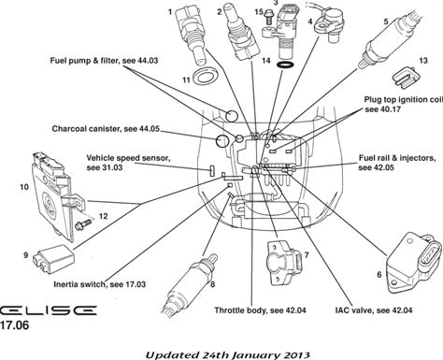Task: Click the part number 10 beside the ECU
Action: click(x=24, y=187)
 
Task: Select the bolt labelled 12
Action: click(x=83, y=224)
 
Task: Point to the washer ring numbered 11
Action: click(x=205, y=76)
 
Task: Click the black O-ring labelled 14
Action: click(x=285, y=65)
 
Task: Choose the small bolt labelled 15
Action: click(x=268, y=16)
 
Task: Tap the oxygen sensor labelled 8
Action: click(x=190, y=287)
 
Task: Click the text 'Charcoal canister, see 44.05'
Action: click(x=106, y=129)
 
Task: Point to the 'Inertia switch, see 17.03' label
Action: click(x=100, y=284)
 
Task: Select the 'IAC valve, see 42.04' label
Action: click(x=374, y=310)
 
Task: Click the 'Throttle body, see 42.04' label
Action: click(x=260, y=310)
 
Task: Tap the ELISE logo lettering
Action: click(x=48, y=310)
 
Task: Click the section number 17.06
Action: click(x=14, y=325)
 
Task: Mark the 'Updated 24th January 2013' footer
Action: click(x=228, y=355)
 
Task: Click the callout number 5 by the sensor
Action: click(x=386, y=22)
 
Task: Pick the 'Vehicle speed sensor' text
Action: click(x=128, y=158)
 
